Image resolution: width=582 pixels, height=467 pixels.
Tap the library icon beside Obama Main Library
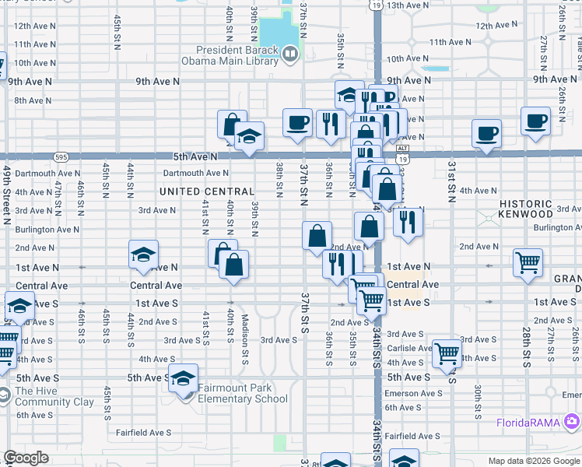pyautogui.click(x=290, y=54)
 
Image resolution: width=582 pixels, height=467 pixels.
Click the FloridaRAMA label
pyautogui.click(x=531, y=423)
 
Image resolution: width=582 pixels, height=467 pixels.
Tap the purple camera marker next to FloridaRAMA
pyautogui.click(x=573, y=422)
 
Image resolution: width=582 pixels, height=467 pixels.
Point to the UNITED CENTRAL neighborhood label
pyautogui.click(x=207, y=191)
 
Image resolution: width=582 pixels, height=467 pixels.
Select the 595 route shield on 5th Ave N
pyautogui.click(x=61, y=156)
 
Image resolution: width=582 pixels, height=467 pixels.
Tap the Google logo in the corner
pyautogui.click(x=26, y=458)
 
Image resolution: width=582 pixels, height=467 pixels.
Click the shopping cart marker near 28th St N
pyautogui.click(x=528, y=263)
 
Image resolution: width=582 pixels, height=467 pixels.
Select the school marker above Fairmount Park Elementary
pyautogui.click(x=183, y=379)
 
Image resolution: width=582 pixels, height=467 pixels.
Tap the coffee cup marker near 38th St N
pyautogui.click(x=296, y=122)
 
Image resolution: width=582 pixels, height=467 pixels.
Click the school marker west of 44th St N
pyautogui.click(x=143, y=255)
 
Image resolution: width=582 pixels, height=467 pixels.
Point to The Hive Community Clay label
pyautogui.click(x=54, y=397)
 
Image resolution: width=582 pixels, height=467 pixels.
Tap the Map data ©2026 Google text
pyautogui.click(x=534, y=461)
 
